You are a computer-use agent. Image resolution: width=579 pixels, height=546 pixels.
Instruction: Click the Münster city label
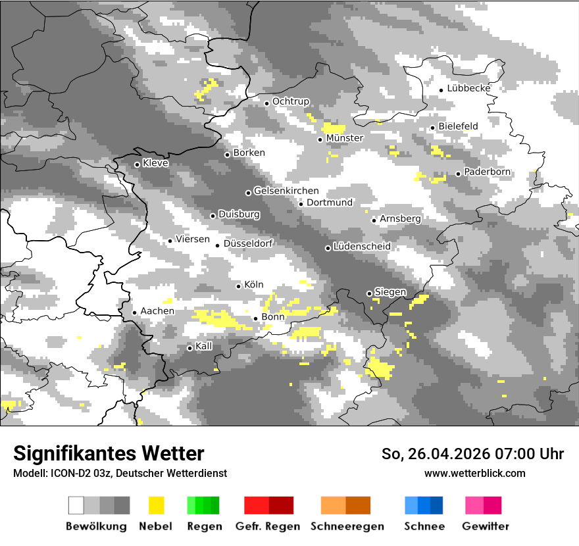tap(344, 138)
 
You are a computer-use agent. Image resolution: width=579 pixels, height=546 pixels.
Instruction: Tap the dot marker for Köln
tap(238, 286)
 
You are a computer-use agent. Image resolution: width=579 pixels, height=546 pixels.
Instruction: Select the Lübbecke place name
tap(468, 88)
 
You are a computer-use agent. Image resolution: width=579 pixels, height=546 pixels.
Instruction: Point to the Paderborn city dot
tap(458, 174)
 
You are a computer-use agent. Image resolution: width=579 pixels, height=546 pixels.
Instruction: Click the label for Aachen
tap(157, 311)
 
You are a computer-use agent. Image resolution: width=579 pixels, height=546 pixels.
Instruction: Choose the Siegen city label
tap(390, 292)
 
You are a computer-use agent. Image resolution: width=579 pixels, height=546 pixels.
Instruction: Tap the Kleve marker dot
tap(137, 164)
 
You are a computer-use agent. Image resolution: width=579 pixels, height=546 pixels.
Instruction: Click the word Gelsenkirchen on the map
tap(286, 191)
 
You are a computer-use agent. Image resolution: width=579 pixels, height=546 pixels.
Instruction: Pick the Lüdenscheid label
tap(362, 247)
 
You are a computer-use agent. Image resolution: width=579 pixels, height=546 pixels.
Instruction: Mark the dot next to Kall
tap(189, 348)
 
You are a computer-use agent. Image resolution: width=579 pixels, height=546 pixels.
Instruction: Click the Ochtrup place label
tap(290, 102)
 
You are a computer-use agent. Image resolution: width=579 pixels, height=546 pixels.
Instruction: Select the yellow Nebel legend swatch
tap(156, 505)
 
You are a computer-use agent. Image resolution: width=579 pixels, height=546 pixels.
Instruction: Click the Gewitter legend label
tap(485, 526)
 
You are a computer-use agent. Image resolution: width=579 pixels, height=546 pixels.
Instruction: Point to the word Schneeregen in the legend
tap(347, 526)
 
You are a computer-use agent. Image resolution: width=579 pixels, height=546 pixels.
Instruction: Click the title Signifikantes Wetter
tap(109, 454)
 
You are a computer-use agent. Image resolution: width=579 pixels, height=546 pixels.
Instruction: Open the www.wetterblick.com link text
tap(474, 473)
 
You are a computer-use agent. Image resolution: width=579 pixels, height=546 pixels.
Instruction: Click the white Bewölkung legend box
tap(76, 505)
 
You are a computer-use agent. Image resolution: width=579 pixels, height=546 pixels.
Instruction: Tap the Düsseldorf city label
tap(248, 243)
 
